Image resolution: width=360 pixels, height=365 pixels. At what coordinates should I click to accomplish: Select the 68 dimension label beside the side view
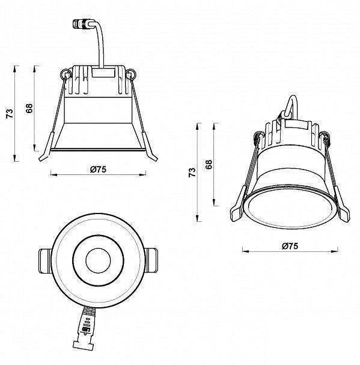click(29, 108)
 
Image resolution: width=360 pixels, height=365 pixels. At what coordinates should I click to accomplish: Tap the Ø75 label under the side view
click(98, 170)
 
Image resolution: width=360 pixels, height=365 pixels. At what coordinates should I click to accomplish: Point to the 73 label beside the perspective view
click(192, 173)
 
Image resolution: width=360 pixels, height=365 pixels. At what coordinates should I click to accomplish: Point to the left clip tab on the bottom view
click(43, 261)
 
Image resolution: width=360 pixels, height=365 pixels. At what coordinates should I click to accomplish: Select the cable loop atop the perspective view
click(291, 108)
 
